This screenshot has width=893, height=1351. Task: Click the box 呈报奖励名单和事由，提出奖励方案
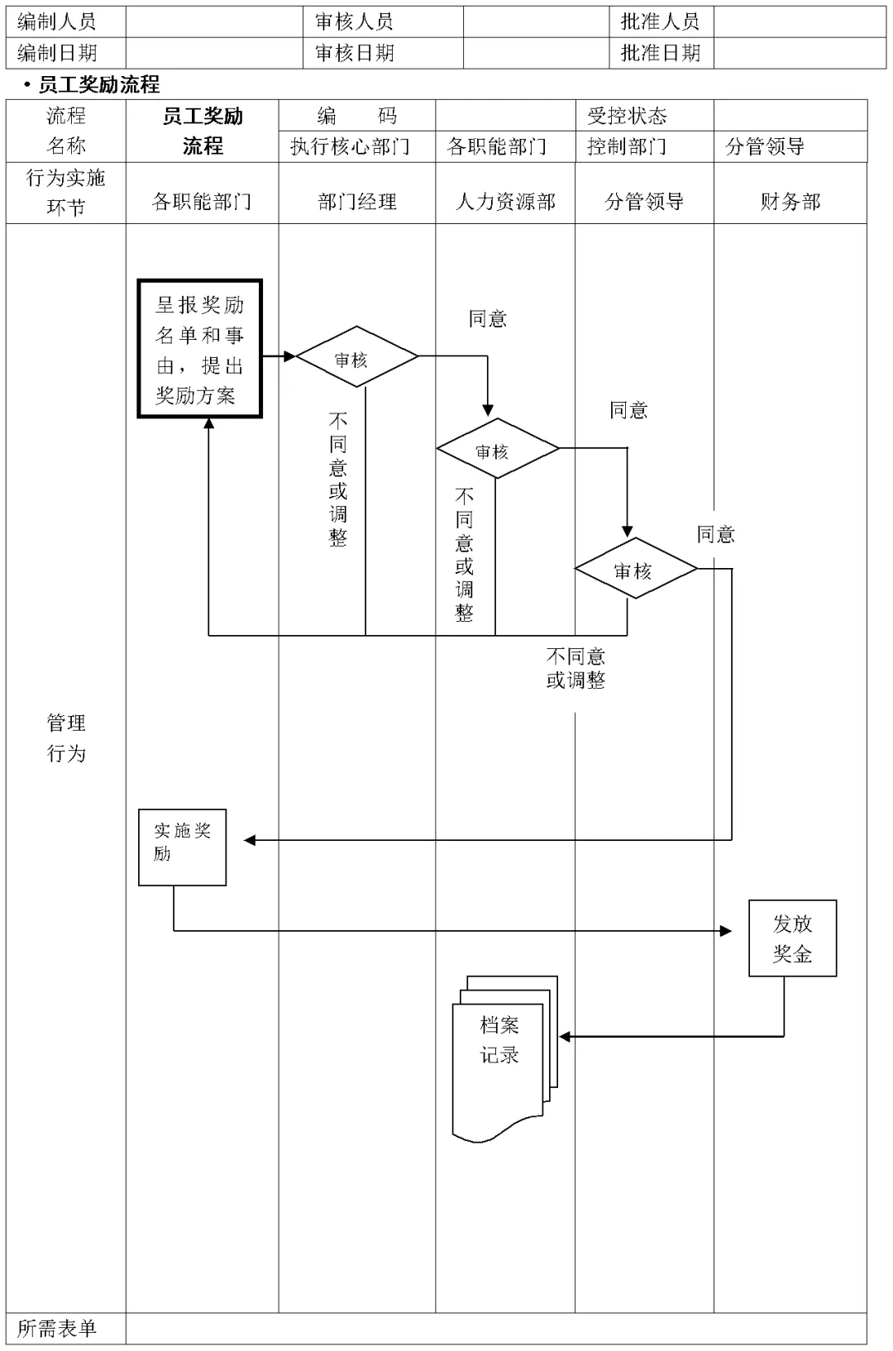click(x=200, y=349)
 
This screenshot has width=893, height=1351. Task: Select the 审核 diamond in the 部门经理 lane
click(x=357, y=357)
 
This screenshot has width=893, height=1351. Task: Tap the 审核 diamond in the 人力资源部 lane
click(x=498, y=449)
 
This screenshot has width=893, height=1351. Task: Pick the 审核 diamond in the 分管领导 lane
click(x=636, y=569)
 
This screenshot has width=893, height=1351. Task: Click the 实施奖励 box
click(x=182, y=847)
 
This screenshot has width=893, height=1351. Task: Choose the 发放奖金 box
click(x=792, y=938)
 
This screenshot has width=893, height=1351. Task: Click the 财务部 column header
click(x=790, y=201)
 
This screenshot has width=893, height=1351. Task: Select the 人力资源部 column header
click(x=505, y=201)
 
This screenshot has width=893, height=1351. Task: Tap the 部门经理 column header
click(x=357, y=201)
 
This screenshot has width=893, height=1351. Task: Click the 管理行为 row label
click(x=66, y=738)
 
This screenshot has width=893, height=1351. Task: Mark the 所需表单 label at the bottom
click(x=57, y=1328)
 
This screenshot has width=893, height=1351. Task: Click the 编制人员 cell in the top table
click(x=57, y=21)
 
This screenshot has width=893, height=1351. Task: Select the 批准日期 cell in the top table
click(x=660, y=53)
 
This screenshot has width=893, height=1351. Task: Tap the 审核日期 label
click(x=355, y=53)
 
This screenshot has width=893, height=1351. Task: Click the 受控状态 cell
click(x=627, y=115)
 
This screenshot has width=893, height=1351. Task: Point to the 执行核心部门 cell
click(x=350, y=146)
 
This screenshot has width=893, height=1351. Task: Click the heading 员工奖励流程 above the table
click(x=98, y=84)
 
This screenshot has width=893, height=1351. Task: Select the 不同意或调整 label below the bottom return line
click(x=575, y=668)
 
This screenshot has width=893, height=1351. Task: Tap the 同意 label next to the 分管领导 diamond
click(x=715, y=534)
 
